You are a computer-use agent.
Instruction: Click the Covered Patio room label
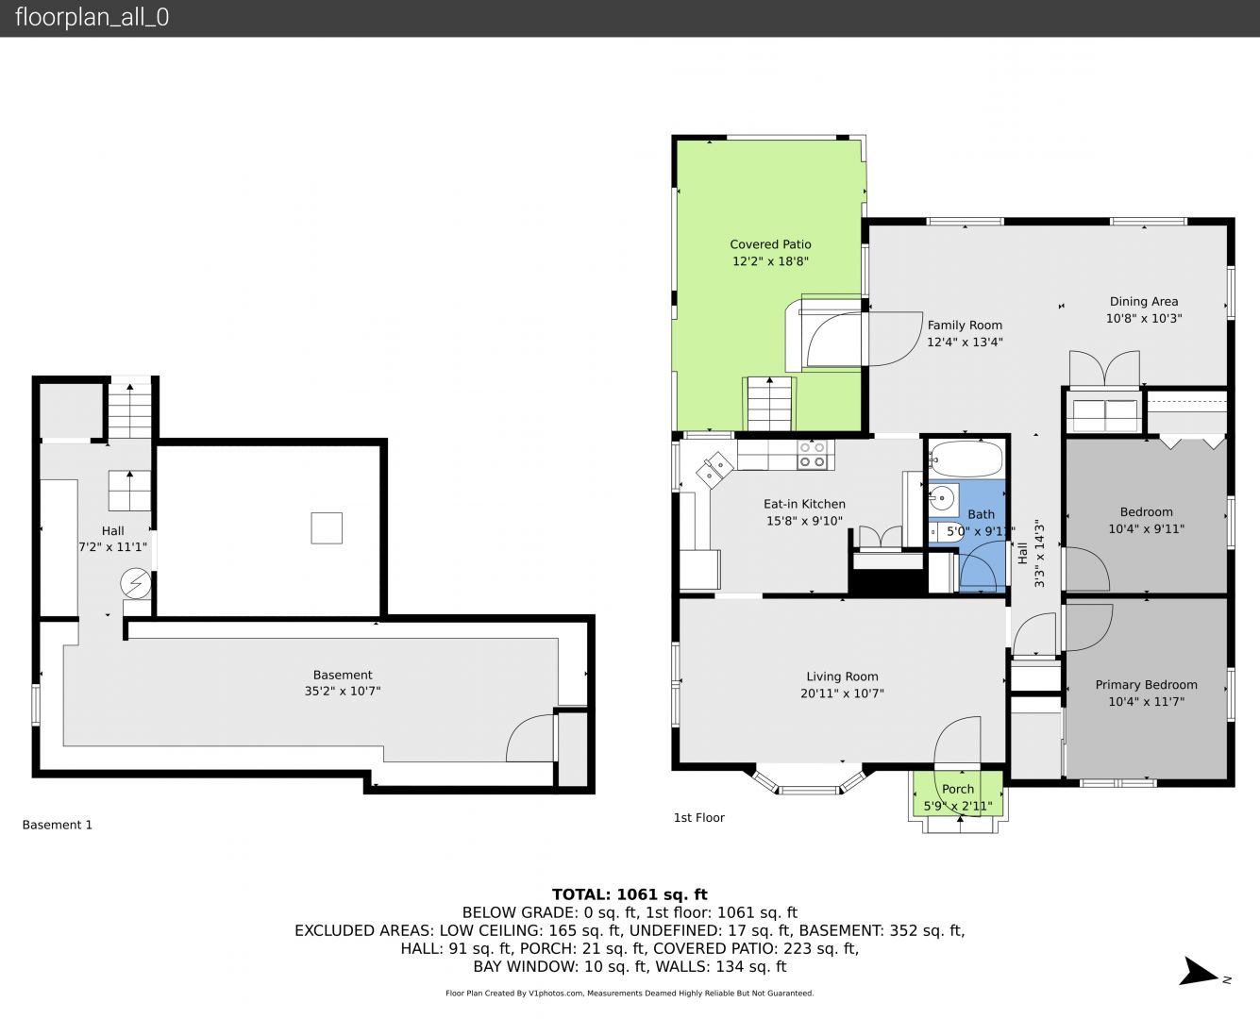point(770,244)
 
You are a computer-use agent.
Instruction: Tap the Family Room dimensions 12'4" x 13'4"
point(965,342)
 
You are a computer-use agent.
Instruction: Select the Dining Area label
point(1144,302)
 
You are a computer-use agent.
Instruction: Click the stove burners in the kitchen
point(812,455)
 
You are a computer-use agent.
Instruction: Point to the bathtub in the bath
point(966,459)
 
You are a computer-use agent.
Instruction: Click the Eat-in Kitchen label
point(804,504)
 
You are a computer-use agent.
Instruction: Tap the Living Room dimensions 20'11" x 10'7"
point(842,693)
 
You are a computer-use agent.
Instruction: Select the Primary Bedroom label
point(1146,685)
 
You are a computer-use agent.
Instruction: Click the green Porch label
point(958,789)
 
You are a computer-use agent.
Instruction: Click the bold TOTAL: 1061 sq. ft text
point(630,894)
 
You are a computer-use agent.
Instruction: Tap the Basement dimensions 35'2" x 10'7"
point(343,691)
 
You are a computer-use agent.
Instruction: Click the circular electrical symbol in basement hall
point(136,584)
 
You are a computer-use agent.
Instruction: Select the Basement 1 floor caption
point(58,825)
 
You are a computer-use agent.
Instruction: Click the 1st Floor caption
point(698,818)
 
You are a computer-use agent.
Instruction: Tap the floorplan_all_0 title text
point(92,17)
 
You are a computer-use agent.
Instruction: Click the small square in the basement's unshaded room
point(327,528)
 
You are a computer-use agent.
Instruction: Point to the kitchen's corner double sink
point(714,470)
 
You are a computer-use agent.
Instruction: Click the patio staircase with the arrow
point(769,404)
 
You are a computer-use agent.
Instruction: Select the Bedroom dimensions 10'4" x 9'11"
point(1146,528)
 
